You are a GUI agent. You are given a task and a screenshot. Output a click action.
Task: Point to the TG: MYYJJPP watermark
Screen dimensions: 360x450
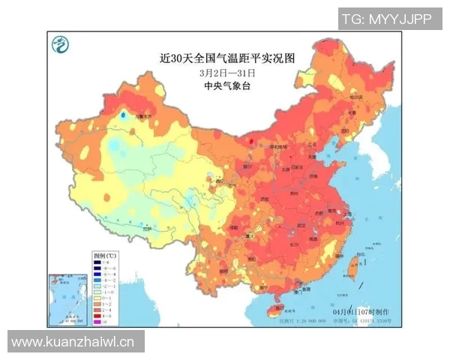(x=386, y=19)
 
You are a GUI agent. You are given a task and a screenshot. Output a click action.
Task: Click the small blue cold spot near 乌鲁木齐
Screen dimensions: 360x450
(x=124, y=116)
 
